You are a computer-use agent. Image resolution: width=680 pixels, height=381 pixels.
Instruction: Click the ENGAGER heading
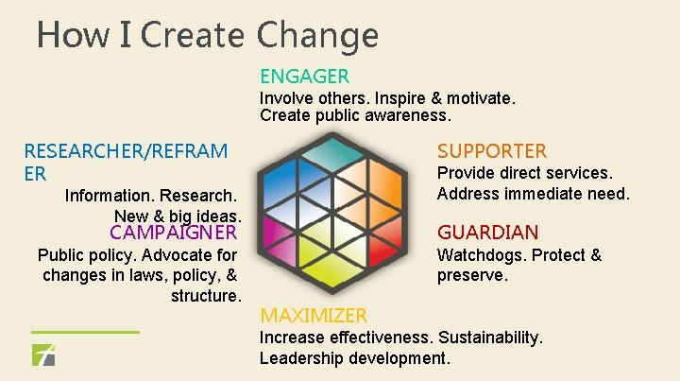[304, 77]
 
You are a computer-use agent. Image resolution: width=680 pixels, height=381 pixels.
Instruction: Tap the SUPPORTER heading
[491, 151]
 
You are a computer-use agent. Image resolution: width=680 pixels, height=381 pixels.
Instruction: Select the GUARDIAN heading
[487, 233]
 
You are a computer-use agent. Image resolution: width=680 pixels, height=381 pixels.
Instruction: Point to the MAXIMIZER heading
[314, 315]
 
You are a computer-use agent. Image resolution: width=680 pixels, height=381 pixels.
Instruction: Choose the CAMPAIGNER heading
[173, 232]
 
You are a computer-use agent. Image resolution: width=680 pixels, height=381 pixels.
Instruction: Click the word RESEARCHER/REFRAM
[126, 151]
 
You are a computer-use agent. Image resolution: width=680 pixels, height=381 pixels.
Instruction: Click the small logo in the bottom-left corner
[43, 356]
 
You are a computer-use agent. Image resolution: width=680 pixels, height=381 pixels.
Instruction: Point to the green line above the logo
[85, 332]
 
